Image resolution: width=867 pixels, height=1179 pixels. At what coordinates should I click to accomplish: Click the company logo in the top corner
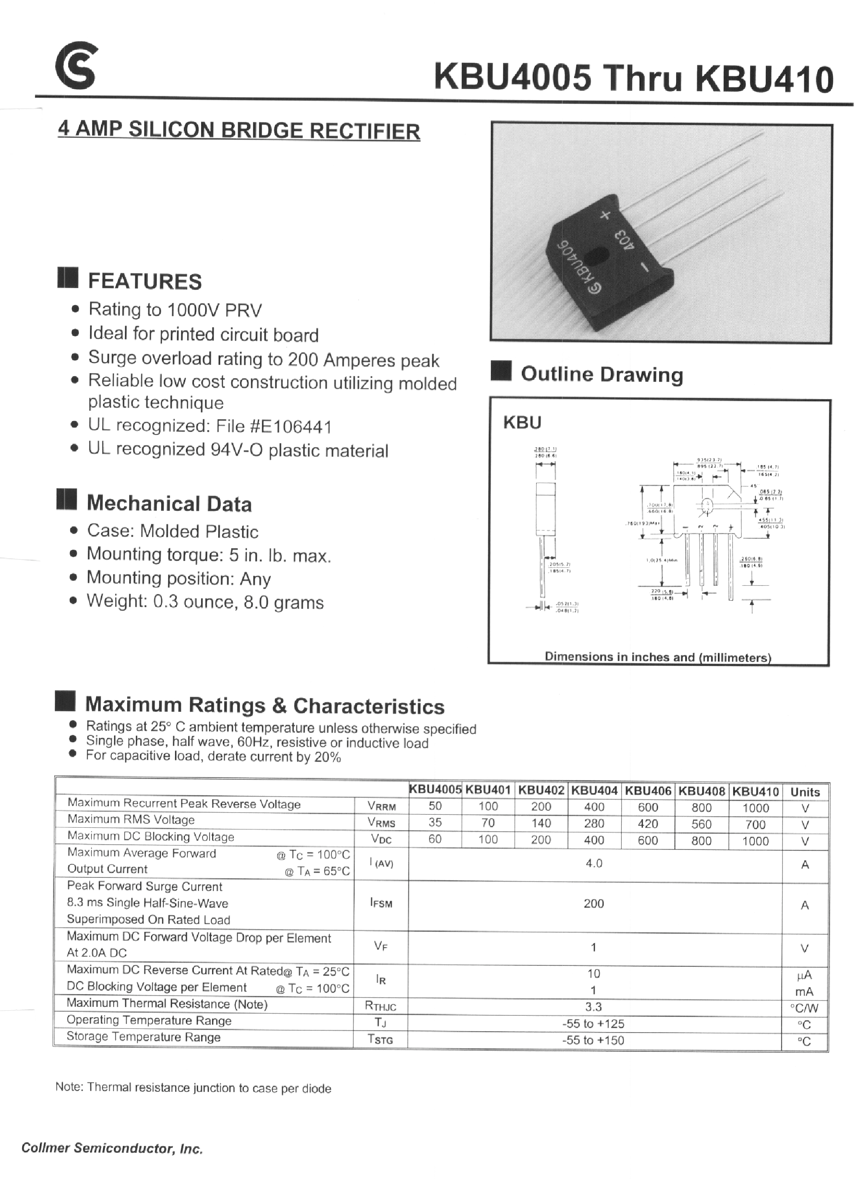coord(76,67)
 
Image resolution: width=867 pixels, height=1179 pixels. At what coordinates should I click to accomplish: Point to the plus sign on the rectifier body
coord(605,215)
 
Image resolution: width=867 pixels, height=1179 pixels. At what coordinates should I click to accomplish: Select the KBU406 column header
coord(648,791)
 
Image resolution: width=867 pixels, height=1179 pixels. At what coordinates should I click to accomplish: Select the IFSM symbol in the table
coord(381,904)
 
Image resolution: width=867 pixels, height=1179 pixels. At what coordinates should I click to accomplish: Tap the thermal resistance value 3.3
coord(593,1007)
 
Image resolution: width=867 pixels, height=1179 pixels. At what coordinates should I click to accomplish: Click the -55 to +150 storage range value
coord(593,1040)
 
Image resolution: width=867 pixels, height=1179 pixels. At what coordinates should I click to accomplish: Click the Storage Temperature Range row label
coord(143,1037)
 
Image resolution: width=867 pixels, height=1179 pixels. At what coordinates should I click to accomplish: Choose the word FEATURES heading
coord(144,282)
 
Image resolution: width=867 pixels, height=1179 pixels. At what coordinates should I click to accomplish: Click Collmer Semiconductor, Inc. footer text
coord(112,1148)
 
